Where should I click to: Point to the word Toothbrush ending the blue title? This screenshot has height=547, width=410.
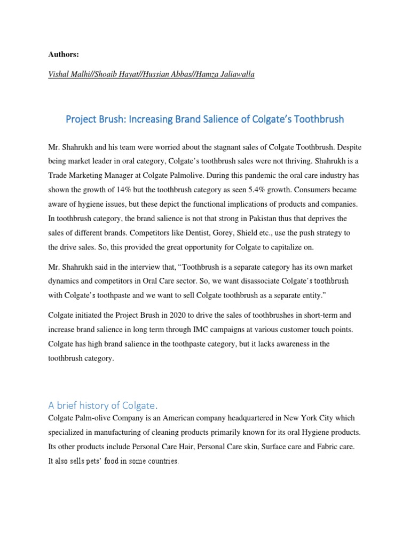pos(317,119)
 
